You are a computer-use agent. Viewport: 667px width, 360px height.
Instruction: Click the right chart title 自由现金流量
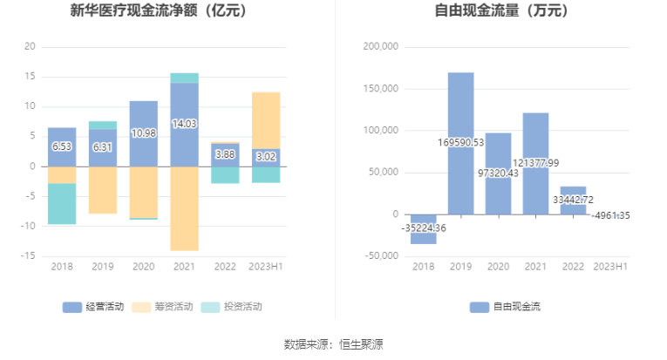coord(500,11)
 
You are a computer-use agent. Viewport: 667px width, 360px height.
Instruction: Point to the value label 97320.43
coord(498,173)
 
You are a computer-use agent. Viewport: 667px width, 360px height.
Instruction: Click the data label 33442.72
coord(573,199)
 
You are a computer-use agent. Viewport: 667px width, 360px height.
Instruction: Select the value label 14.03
coord(184,124)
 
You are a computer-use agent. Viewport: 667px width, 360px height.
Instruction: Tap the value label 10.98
coord(143,133)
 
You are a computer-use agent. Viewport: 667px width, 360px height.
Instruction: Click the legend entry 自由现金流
coord(505,307)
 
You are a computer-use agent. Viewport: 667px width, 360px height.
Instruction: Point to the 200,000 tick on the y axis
coord(380,46)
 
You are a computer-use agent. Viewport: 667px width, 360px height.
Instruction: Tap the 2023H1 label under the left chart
coord(266,267)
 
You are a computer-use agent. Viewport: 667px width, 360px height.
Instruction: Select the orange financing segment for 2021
coord(184,208)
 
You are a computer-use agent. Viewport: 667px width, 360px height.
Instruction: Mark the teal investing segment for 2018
coord(62,204)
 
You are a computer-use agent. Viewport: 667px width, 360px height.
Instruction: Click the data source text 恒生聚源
coord(361,344)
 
